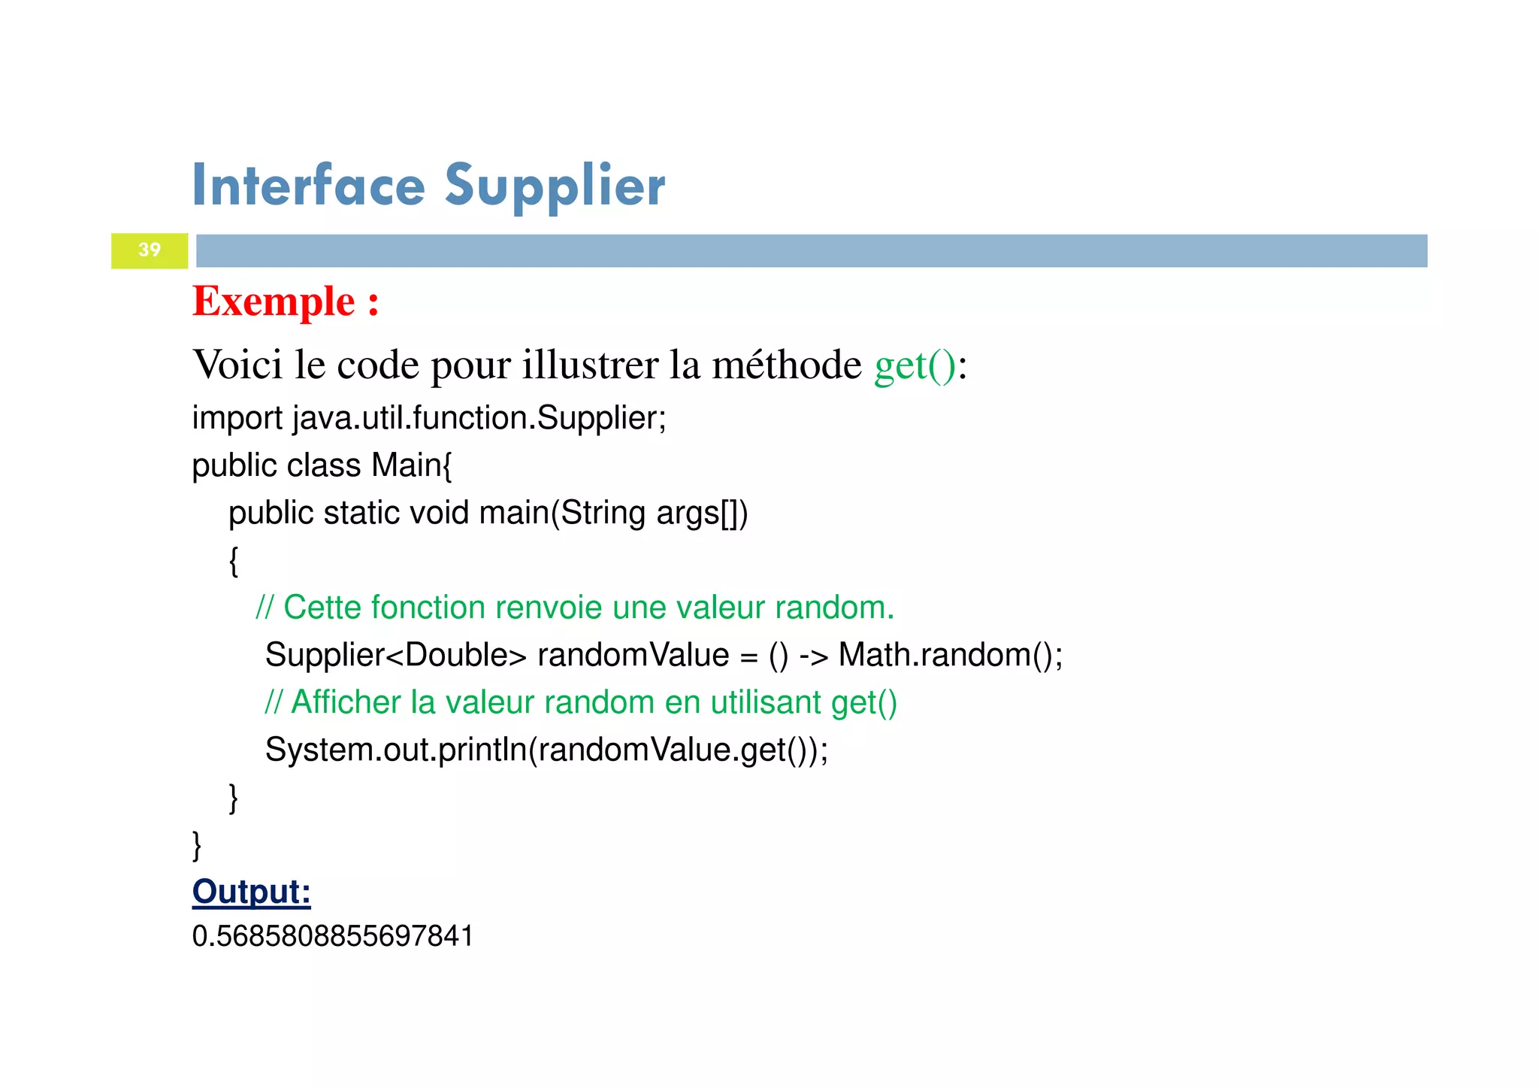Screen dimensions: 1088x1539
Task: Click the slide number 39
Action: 150,250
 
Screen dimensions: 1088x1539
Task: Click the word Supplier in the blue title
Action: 555,186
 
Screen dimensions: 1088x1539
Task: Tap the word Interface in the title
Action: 308,186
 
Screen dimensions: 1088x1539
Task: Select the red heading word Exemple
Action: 274,302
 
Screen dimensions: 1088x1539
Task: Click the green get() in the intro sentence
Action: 915,365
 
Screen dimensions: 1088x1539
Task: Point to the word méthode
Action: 787,365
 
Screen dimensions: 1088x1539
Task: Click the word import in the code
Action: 237,418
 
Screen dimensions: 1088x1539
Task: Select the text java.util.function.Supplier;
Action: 479,418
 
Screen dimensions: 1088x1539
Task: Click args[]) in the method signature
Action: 702,513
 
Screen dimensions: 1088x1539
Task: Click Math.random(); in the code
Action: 950,655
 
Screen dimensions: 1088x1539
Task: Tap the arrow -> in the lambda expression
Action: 813,656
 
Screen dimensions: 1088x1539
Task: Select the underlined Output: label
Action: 251,892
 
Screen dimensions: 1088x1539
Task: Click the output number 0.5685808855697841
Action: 333,936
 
